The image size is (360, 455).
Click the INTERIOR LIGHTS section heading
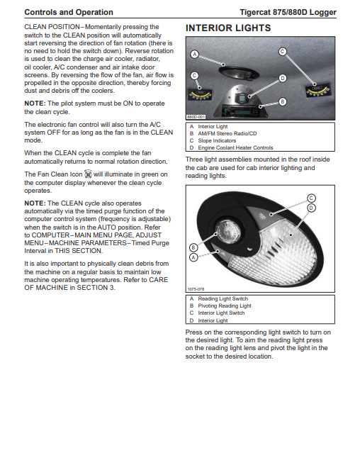pyautogui.click(x=228, y=28)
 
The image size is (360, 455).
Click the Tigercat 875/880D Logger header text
pyautogui.click(x=288, y=12)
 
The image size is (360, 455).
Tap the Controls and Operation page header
pyautogui.click(x=69, y=12)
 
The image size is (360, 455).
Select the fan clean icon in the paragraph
pyautogui.click(x=88, y=174)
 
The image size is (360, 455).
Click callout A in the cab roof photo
pyautogui.click(x=194, y=54)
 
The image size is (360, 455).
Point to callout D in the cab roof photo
pyautogui.click(x=283, y=79)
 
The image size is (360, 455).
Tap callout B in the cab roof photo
pyautogui.click(x=283, y=102)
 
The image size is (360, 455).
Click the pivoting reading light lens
pyautogui.click(x=227, y=232)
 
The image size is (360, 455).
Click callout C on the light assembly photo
pyautogui.click(x=311, y=198)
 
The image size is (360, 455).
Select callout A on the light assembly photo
pyautogui.click(x=193, y=257)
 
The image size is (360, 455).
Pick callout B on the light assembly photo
pyautogui.click(x=193, y=247)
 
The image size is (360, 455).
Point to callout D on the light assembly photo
pyautogui.click(x=311, y=208)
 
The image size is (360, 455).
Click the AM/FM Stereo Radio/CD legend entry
pyautogui.click(x=227, y=133)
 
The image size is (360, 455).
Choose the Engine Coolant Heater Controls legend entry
pyautogui.click(x=235, y=147)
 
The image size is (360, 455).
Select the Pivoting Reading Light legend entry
pyautogui.click(x=225, y=306)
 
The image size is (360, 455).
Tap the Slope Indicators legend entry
pyautogui.click(x=217, y=141)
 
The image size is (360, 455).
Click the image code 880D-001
pyautogui.click(x=196, y=117)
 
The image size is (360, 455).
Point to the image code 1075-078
pyautogui.click(x=196, y=289)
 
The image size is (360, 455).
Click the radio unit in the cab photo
pyautogui.click(x=240, y=111)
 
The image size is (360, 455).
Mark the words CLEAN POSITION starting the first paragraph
pyautogui.click(x=52, y=27)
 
